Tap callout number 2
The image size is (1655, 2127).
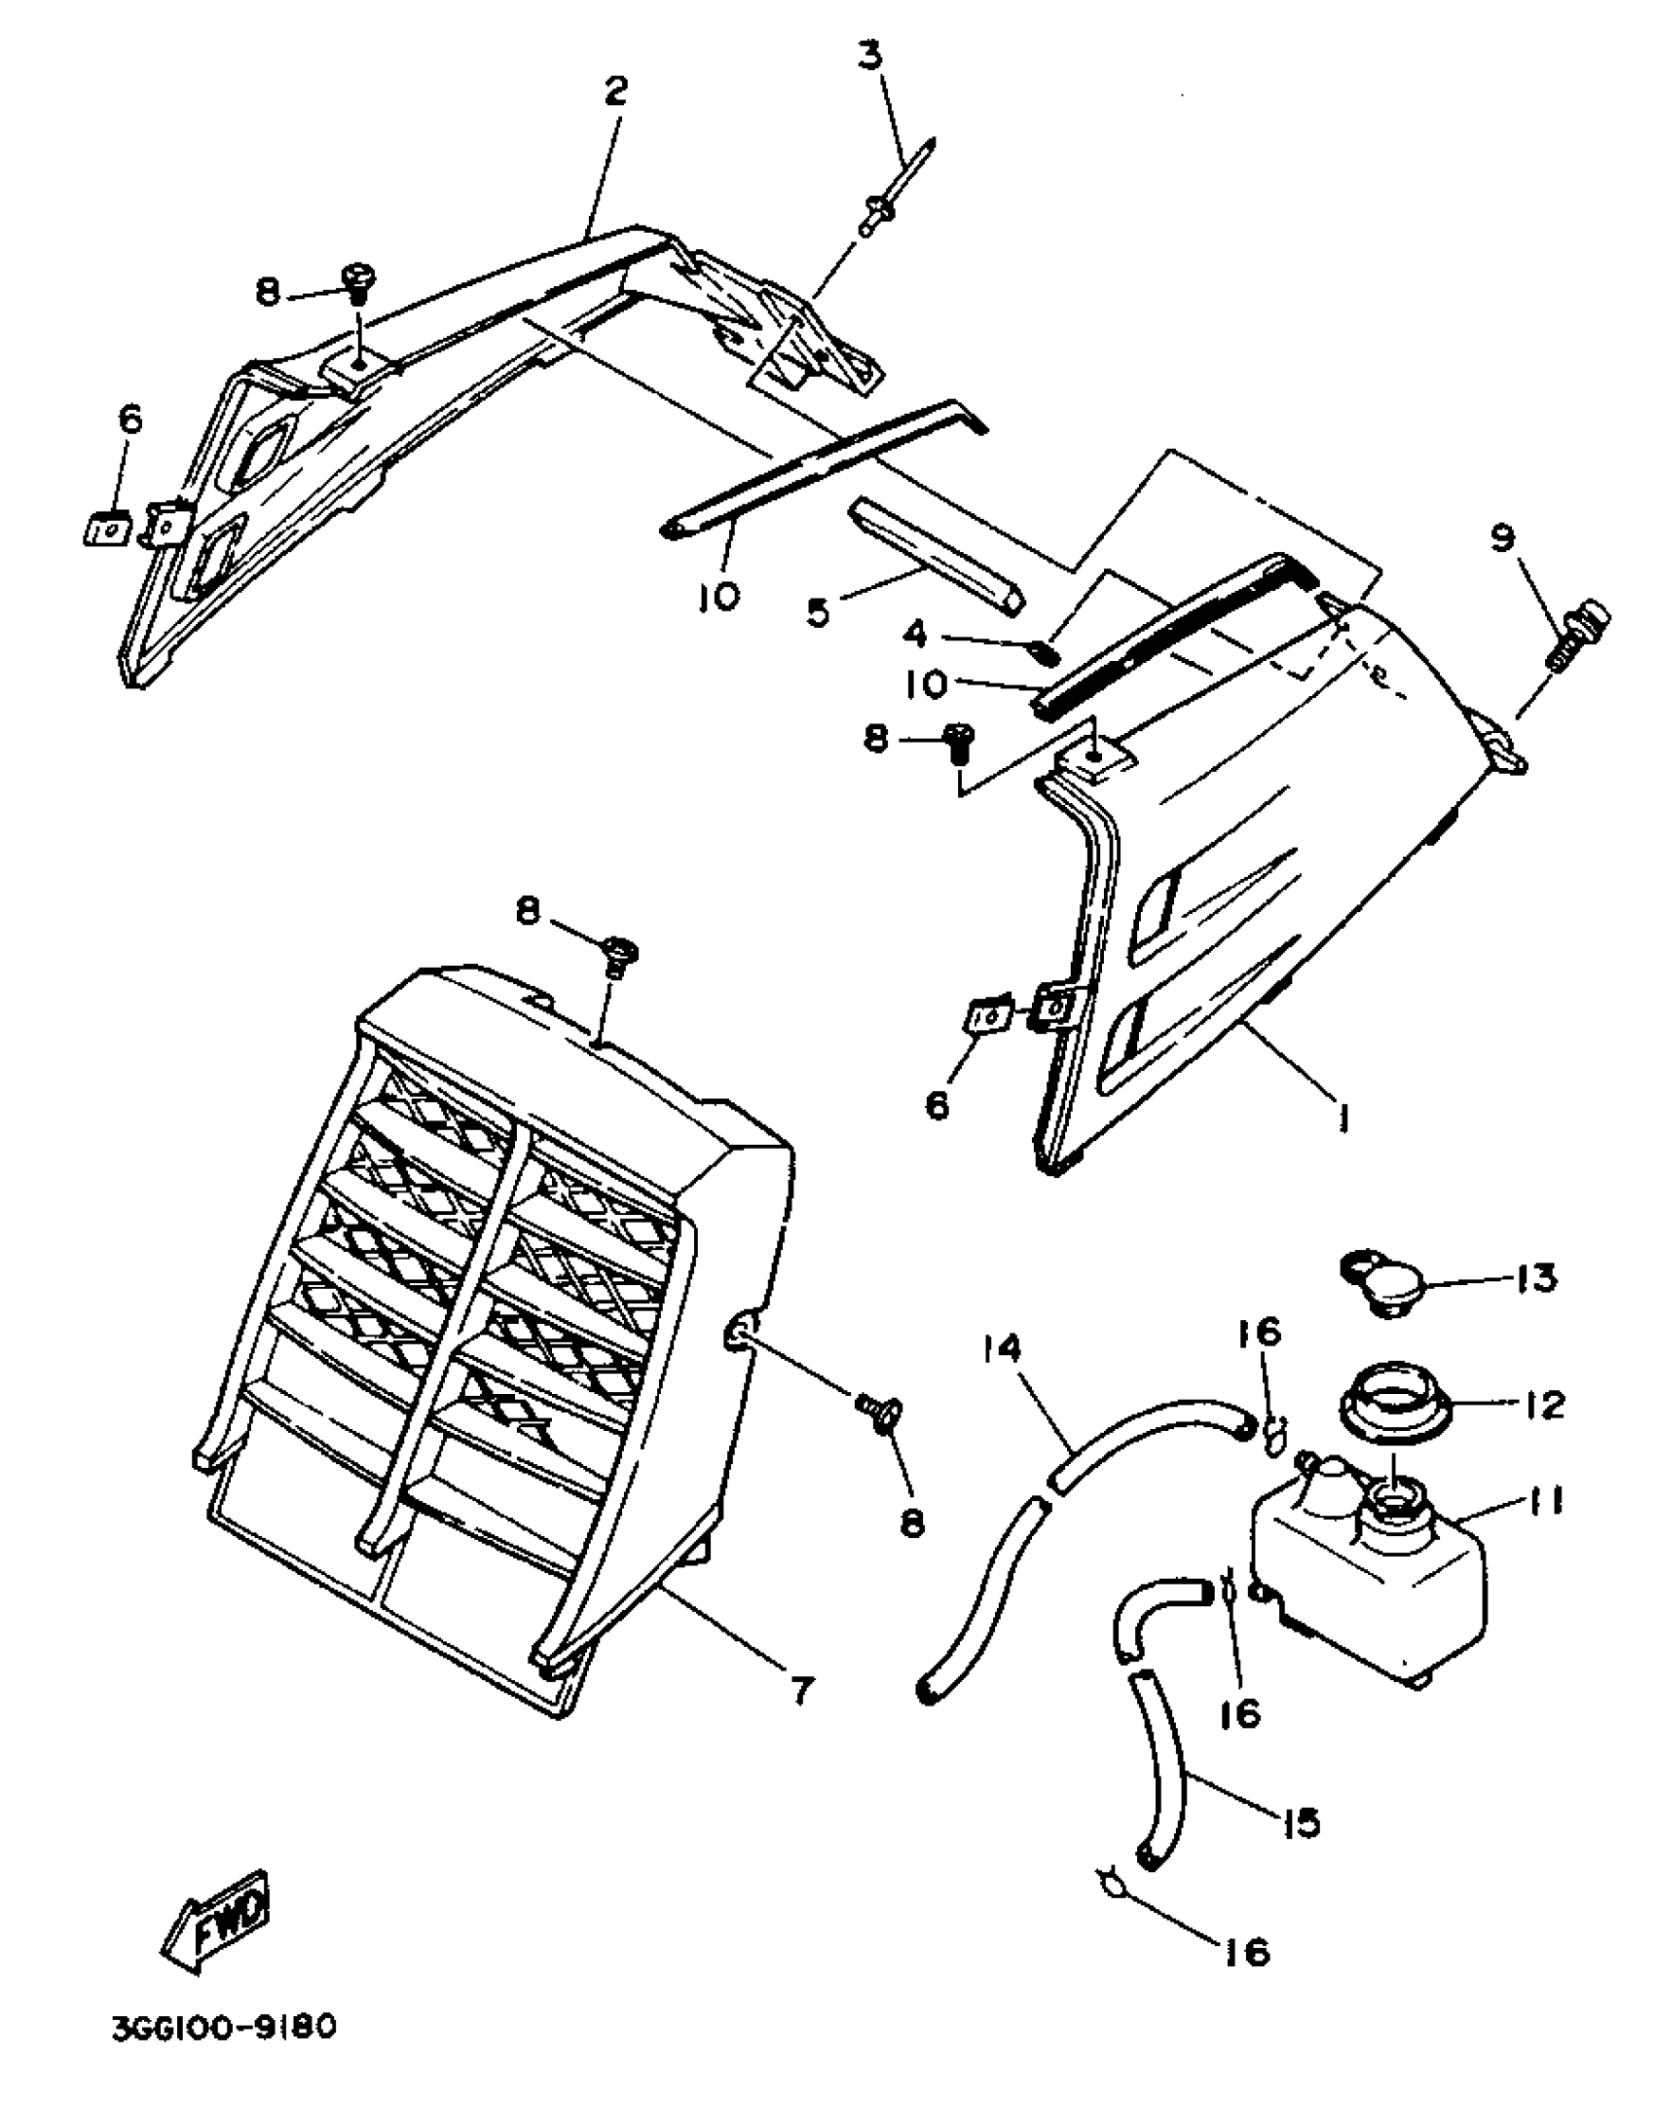pos(615,92)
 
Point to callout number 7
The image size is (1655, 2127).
pos(799,1691)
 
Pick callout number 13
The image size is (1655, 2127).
pos(1536,1278)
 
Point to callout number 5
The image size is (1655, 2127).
pos(817,612)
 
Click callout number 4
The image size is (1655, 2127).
pos(915,635)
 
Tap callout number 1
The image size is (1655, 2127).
pos(1345,1122)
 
